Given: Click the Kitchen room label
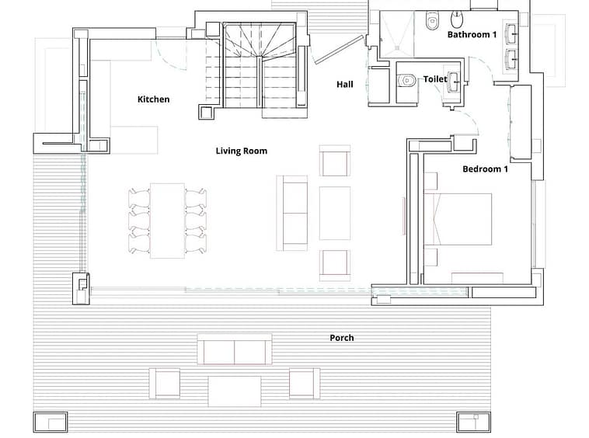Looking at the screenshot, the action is (x=153, y=99).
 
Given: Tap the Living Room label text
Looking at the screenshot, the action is (x=242, y=151).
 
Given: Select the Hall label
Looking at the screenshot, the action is (x=345, y=84).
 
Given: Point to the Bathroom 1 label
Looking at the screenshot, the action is (x=472, y=34).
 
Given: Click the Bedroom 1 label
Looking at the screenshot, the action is (x=486, y=169).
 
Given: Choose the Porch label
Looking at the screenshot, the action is (x=342, y=338).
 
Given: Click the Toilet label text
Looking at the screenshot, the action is (x=435, y=79).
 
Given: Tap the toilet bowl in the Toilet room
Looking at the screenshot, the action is (x=406, y=80).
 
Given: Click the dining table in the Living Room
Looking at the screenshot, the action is (x=167, y=221).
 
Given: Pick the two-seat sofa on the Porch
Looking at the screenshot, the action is (x=235, y=349).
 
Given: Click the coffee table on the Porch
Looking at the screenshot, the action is (x=235, y=391).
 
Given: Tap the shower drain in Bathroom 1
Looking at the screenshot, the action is (x=397, y=47).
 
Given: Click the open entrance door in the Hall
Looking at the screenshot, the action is (x=340, y=50).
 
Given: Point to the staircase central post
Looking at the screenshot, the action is (x=259, y=57).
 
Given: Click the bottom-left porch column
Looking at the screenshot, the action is (x=51, y=422).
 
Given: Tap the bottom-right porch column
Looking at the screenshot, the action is (x=474, y=422).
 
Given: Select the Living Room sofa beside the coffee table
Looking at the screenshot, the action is (x=292, y=214).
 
